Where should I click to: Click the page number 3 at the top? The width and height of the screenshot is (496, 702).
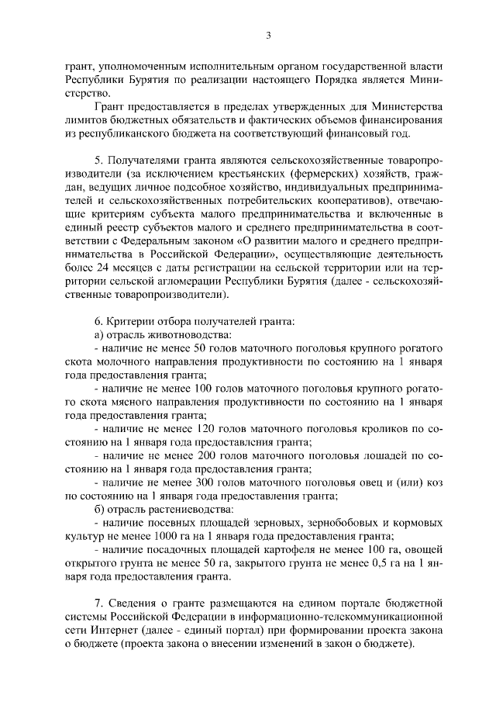click(267, 34)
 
